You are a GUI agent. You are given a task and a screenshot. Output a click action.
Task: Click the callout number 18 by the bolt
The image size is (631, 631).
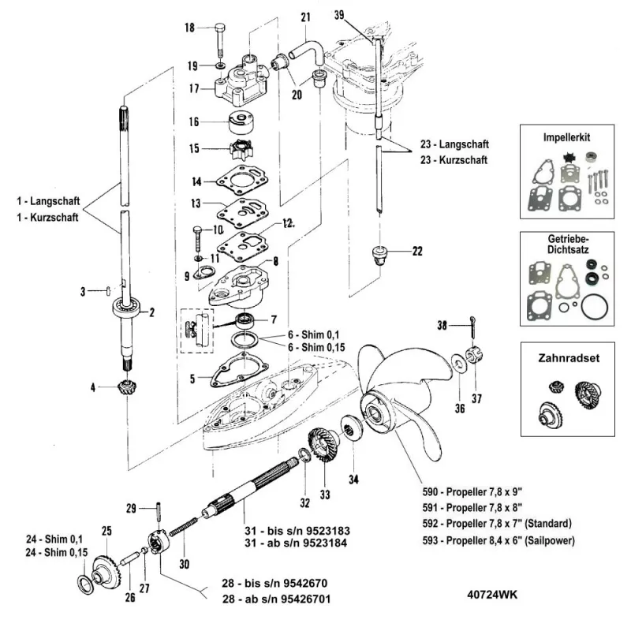click(x=189, y=28)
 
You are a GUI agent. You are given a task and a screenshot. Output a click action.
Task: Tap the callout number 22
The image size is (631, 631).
click(x=417, y=252)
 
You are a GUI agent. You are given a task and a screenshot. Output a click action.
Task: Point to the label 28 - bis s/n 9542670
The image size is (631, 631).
click(x=274, y=583)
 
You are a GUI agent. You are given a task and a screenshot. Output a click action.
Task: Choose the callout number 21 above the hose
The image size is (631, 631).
click(x=306, y=17)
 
